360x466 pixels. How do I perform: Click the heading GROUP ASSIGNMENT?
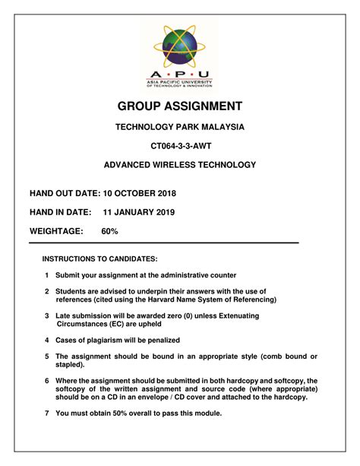click(180, 106)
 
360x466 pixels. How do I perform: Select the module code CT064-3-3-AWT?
click(180, 145)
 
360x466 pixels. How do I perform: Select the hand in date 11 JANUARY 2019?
click(144, 212)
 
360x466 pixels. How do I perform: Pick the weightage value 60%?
click(109, 230)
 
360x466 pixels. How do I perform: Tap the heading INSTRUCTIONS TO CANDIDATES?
click(99, 258)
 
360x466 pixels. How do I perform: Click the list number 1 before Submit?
click(47, 275)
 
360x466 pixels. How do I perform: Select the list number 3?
click(47, 315)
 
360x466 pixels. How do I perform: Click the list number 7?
click(47, 413)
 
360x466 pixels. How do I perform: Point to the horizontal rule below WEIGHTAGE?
click(163, 243)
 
